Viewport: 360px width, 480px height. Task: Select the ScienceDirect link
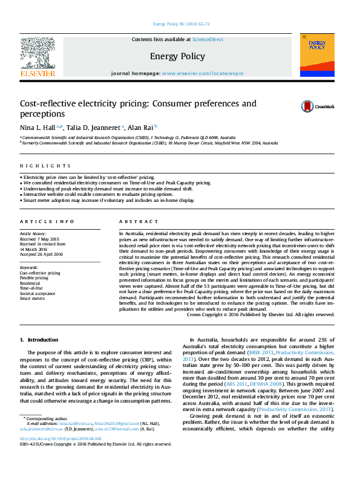coord(208,39)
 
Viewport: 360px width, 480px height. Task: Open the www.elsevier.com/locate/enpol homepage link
coord(203,74)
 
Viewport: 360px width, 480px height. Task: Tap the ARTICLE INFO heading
coord(47,222)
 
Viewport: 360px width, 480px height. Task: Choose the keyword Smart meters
coord(33,298)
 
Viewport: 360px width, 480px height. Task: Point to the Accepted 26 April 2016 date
coord(41,254)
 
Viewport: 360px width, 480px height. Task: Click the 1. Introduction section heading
coord(39,340)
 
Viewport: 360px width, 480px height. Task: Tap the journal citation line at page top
coord(181,24)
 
